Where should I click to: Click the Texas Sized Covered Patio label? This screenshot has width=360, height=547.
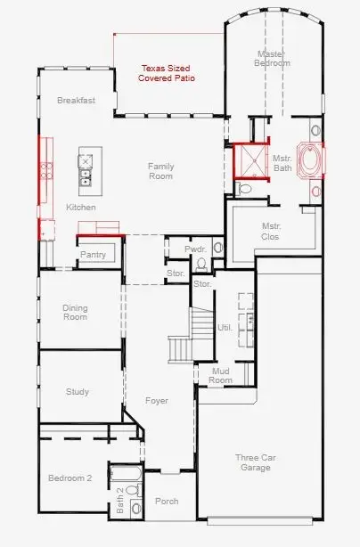(x=167, y=73)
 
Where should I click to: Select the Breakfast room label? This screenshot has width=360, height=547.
(x=76, y=101)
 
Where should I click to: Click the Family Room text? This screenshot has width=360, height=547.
(x=160, y=171)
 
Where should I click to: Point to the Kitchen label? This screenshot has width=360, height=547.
(x=81, y=208)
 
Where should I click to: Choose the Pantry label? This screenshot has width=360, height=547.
(x=93, y=255)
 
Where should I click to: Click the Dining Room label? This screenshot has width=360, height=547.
(x=75, y=313)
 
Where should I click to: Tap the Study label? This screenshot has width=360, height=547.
(x=78, y=392)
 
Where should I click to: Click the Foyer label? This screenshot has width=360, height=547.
(x=157, y=401)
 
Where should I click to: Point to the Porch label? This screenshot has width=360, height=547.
(x=167, y=502)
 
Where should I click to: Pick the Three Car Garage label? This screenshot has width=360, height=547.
(x=256, y=463)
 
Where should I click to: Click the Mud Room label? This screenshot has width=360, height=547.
(x=220, y=376)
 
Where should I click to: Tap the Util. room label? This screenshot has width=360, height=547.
(x=225, y=328)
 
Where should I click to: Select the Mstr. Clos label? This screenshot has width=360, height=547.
(x=271, y=232)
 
